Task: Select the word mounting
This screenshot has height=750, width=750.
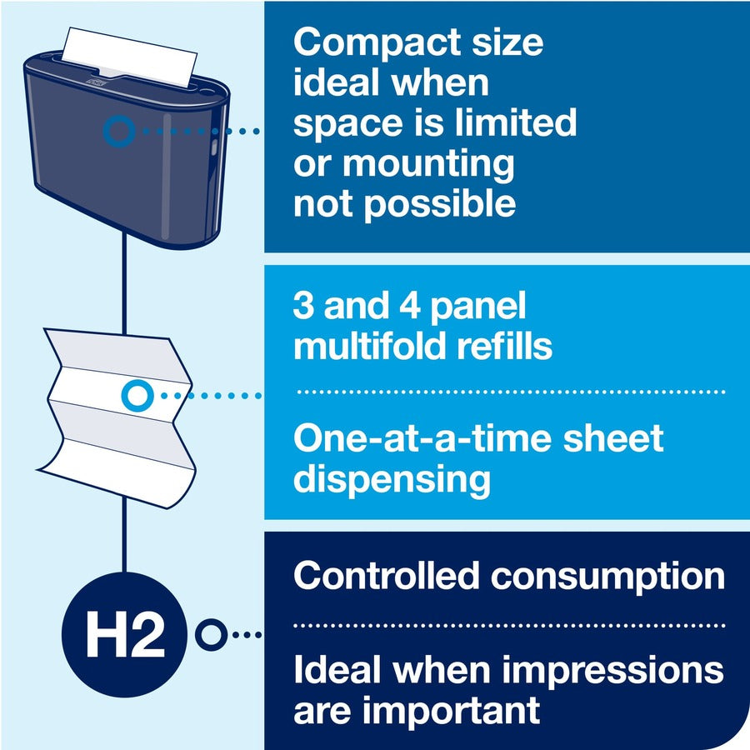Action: [428, 164]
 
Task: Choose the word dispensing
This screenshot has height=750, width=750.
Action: [392, 479]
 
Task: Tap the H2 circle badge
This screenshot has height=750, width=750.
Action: [124, 636]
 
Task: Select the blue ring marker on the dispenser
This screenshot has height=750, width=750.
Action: [119, 131]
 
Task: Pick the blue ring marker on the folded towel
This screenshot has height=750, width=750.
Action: [135, 396]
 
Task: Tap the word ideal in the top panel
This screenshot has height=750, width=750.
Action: [333, 82]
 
